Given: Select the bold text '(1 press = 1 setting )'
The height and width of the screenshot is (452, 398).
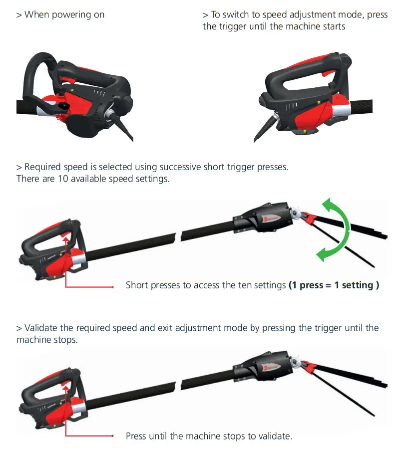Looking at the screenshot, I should click(x=334, y=285).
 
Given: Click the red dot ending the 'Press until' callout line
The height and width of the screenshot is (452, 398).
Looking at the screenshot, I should click(x=113, y=436).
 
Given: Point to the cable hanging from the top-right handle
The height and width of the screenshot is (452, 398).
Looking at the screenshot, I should click(x=262, y=129).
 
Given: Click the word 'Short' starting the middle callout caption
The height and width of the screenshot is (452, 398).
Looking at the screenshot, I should click(x=137, y=285).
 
